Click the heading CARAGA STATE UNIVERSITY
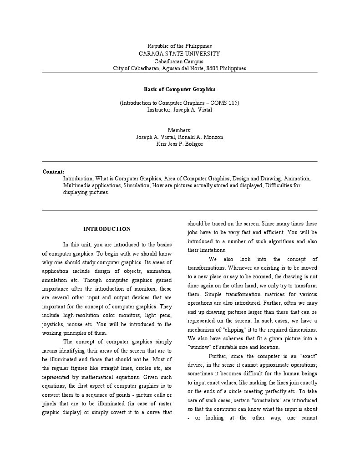point(179,54)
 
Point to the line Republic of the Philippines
point(179,46)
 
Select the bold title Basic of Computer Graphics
point(179,90)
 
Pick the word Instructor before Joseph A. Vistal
point(159,110)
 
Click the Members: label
point(179,130)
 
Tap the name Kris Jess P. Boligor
point(179,144)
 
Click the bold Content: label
point(53,172)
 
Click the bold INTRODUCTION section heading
point(107,229)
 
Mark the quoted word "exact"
point(309,356)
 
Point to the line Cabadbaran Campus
point(179,61)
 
